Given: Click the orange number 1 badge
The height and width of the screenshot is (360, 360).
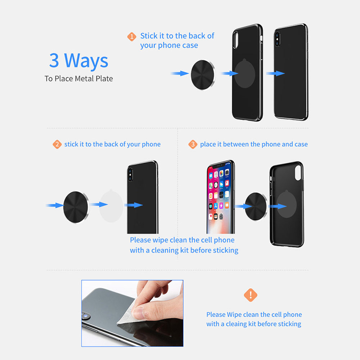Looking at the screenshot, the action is tap(131, 36).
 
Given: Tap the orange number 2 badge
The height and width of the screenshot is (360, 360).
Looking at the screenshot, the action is tap(57, 144).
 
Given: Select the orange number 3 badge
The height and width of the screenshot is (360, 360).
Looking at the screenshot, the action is tap(193, 144).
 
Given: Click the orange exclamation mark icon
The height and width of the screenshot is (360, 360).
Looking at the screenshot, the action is tap(251, 295).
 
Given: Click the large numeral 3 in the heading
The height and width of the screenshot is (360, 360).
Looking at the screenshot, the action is tap(54, 60).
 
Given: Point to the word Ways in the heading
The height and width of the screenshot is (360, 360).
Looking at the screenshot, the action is tap(86, 61).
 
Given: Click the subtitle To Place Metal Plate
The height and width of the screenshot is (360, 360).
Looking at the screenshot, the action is tap(79, 78).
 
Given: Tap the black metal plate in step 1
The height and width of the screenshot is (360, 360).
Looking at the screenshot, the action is tap(203, 75).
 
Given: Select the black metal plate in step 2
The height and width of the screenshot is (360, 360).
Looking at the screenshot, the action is tap(76, 207).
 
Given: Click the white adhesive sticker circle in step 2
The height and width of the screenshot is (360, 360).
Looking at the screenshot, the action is tap(111, 206).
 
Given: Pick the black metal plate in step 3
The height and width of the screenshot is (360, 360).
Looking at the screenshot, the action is tap(256, 207).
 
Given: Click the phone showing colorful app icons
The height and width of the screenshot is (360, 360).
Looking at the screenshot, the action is tap(221, 197).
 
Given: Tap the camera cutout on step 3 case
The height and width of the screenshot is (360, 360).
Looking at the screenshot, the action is tap(298, 173).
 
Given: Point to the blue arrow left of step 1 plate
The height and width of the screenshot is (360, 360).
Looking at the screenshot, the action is tap(180, 73).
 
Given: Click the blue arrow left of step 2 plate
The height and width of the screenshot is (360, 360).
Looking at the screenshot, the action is tap(55, 205).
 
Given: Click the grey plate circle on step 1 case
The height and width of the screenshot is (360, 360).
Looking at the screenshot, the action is tap(245, 73).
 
